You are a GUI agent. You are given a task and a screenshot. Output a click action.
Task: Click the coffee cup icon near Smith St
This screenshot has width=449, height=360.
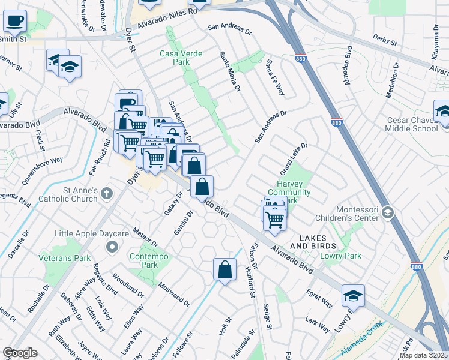click(15, 21)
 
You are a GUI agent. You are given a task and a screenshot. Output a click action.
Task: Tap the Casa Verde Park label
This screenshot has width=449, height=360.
click(178, 58)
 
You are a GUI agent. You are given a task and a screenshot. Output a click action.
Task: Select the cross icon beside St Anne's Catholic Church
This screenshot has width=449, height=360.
click(106, 193)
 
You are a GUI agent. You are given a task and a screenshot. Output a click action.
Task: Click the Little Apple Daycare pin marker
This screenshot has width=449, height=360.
click(112, 247)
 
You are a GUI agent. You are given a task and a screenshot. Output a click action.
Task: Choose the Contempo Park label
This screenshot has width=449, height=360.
click(144, 260)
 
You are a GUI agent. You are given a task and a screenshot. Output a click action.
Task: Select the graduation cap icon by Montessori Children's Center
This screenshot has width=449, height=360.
click(388, 212)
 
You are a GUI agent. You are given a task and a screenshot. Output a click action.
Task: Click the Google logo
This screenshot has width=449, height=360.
click(20, 352)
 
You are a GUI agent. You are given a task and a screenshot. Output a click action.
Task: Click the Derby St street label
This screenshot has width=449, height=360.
click(385, 39)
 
